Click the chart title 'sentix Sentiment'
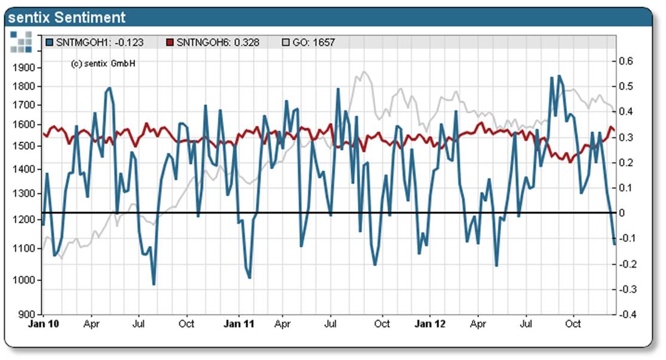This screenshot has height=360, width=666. pos(67,17)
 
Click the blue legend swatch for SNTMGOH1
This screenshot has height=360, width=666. pos(49,42)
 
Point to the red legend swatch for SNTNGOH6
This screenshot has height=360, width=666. pos(170,42)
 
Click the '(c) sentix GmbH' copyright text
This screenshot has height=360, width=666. pos(103,63)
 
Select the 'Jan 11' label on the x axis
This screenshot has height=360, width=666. pos(238,324)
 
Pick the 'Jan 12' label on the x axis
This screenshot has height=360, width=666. pos(430,324)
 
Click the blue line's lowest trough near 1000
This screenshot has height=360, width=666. pos(154,284)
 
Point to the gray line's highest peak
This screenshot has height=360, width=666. pos(363,72)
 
